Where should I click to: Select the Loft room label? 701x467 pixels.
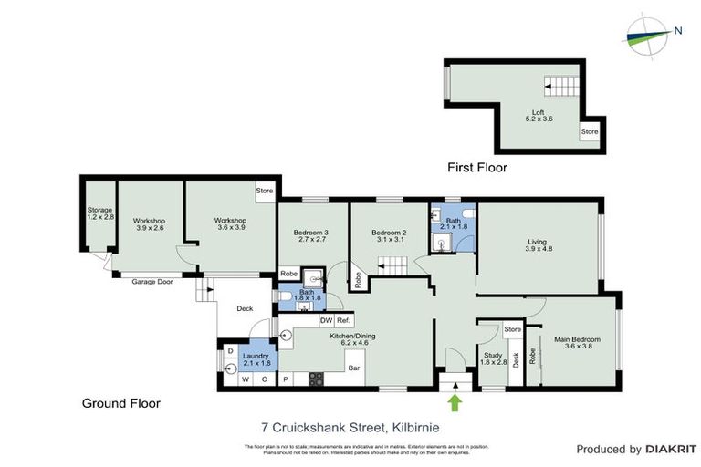click(539, 114)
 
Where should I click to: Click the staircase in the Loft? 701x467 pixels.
click(561, 88)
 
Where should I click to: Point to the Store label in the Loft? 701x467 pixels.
click(589, 133)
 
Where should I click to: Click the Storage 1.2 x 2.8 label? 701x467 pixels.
click(99, 214)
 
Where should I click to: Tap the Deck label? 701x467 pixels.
click(245, 308)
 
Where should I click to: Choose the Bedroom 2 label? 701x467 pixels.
click(389, 235)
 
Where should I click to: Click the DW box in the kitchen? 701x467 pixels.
click(325, 320)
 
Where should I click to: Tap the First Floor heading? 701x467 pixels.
click(476, 168)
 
